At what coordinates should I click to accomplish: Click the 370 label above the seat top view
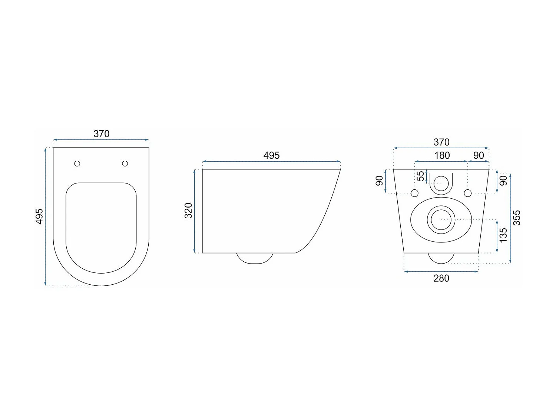coord(101,134)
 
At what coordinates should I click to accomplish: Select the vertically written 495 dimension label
coord(39,216)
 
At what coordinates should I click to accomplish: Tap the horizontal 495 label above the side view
coord(271,156)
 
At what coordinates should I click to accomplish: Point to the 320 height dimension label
coord(189,211)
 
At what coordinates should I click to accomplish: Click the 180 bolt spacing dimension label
coord(442,156)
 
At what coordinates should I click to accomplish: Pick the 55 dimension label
coord(421,176)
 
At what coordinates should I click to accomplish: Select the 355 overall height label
coord(516,218)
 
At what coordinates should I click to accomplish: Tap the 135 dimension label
coord(503,235)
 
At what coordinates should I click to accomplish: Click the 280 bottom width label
coord(441,278)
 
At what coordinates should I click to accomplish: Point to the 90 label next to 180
coord(479,156)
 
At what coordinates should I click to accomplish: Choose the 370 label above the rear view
coord(441,142)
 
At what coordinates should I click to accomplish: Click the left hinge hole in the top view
coord(77,163)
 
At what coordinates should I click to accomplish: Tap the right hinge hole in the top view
coord(125,163)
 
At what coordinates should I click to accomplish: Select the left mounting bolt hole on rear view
coord(415,193)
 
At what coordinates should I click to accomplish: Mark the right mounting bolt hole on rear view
coord(468,193)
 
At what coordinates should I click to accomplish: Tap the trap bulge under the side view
coord(255,258)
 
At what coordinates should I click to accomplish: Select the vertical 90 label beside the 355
coord(503,181)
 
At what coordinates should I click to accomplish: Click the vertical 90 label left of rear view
coord(379,181)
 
